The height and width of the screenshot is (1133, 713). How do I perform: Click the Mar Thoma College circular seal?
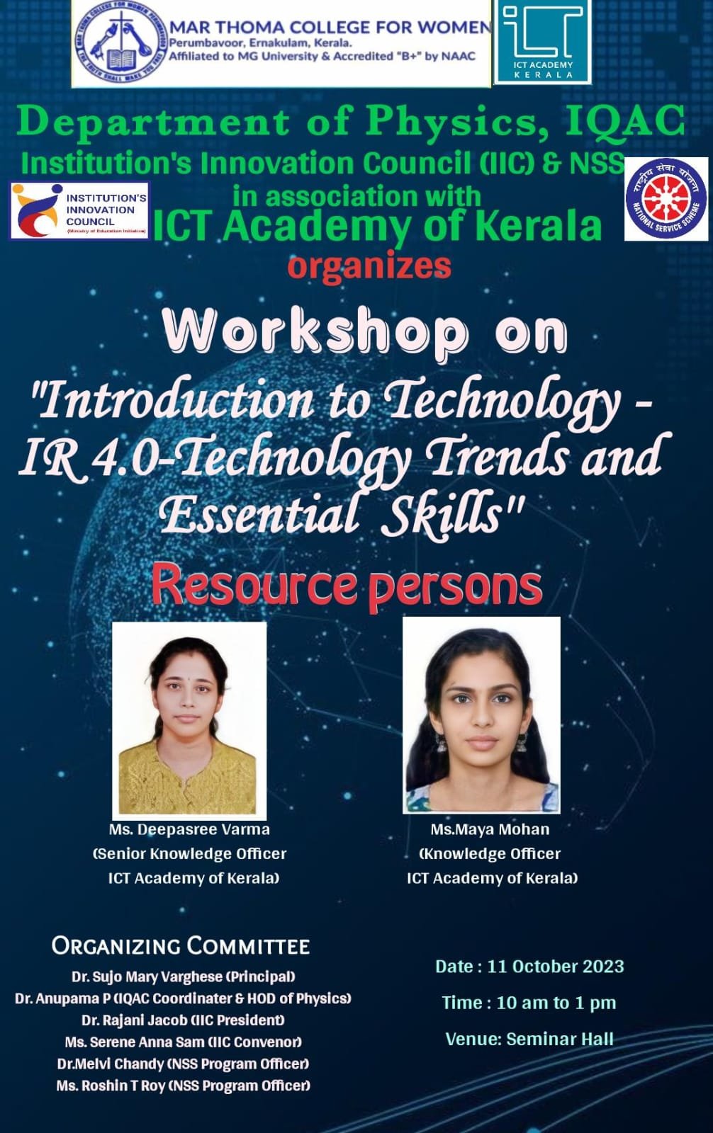coord(120,43)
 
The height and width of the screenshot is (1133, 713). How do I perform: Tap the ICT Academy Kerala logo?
coord(542,42)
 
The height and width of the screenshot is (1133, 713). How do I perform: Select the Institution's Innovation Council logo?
coord(79,210)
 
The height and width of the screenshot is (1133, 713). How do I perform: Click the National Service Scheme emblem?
coord(666,199)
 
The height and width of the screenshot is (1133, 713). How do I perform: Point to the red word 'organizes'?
coord(369,266)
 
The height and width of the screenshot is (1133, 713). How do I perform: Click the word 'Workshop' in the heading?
coord(315,332)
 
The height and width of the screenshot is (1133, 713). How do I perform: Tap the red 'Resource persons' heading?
coord(347,586)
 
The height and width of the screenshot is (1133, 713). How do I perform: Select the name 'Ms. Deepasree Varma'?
coord(189,830)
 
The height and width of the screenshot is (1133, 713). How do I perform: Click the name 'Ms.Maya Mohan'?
coord(490,829)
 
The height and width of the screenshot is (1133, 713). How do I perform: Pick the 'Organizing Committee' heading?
coord(180,946)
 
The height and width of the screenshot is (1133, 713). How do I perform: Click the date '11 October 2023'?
coord(556,967)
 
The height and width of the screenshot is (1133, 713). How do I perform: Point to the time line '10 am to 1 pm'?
coord(556,1003)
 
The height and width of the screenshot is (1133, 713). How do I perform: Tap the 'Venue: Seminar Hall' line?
coord(529,1039)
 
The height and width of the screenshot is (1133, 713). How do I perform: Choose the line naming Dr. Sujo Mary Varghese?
coord(184,977)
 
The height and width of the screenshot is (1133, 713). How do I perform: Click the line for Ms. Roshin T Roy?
coord(184,1086)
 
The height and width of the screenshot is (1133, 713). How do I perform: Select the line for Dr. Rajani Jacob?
coord(183,1020)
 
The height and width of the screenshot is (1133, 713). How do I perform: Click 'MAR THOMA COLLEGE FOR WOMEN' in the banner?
coord(330,27)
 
